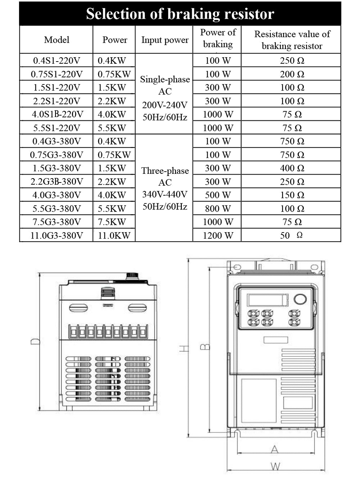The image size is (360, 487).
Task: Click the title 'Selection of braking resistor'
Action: click(180, 14)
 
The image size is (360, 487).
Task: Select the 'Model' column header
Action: click(57, 40)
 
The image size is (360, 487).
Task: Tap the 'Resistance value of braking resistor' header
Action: click(292, 40)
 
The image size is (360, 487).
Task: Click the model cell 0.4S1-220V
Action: click(57, 60)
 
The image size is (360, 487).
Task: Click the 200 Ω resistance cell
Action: click(292, 74)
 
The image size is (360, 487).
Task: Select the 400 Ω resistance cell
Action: click(292, 168)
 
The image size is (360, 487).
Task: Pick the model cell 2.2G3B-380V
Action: click(57, 181)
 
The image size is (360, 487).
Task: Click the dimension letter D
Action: click(35, 342)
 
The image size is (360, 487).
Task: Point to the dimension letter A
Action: click(275, 449)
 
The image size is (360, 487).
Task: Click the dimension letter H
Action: click(184, 349)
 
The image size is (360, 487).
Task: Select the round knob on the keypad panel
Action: click(300, 299)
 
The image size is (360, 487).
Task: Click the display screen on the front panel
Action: click(267, 300)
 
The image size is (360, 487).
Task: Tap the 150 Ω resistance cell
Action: click(292, 195)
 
